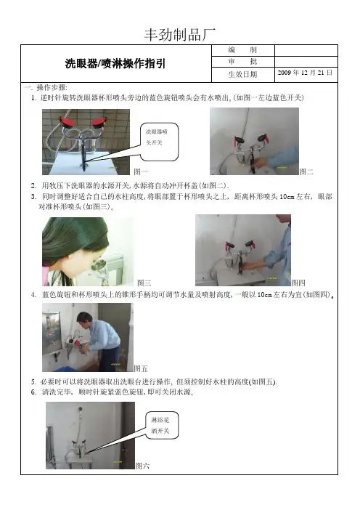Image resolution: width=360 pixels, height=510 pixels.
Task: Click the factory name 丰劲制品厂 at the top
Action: [180, 35]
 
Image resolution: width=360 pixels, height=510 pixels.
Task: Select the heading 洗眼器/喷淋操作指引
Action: [115, 63]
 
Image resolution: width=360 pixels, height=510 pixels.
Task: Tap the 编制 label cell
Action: [242, 50]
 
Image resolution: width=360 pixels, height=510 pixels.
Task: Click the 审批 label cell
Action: [242, 62]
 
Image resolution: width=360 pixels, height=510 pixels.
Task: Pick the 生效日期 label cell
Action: [242, 75]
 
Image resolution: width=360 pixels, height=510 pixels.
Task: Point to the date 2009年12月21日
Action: [305, 73]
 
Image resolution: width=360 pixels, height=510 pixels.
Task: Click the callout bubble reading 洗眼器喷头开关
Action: [159, 142]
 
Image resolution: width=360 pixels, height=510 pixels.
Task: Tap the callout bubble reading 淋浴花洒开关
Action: [162, 426]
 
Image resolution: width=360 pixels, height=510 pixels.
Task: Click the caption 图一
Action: [141, 171]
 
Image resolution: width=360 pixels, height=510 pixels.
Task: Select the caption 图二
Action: [306, 171]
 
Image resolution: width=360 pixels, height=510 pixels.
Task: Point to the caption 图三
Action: [144, 283]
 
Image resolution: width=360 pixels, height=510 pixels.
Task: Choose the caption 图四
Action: [298, 283]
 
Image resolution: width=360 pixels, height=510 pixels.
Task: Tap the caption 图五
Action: [141, 368]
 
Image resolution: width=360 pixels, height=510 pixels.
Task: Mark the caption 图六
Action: [142, 466]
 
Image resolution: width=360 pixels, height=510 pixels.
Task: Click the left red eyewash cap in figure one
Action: [67, 122]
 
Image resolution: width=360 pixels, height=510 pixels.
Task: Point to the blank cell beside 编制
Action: [306, 50]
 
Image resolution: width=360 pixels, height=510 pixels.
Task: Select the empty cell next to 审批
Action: [306, 62]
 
